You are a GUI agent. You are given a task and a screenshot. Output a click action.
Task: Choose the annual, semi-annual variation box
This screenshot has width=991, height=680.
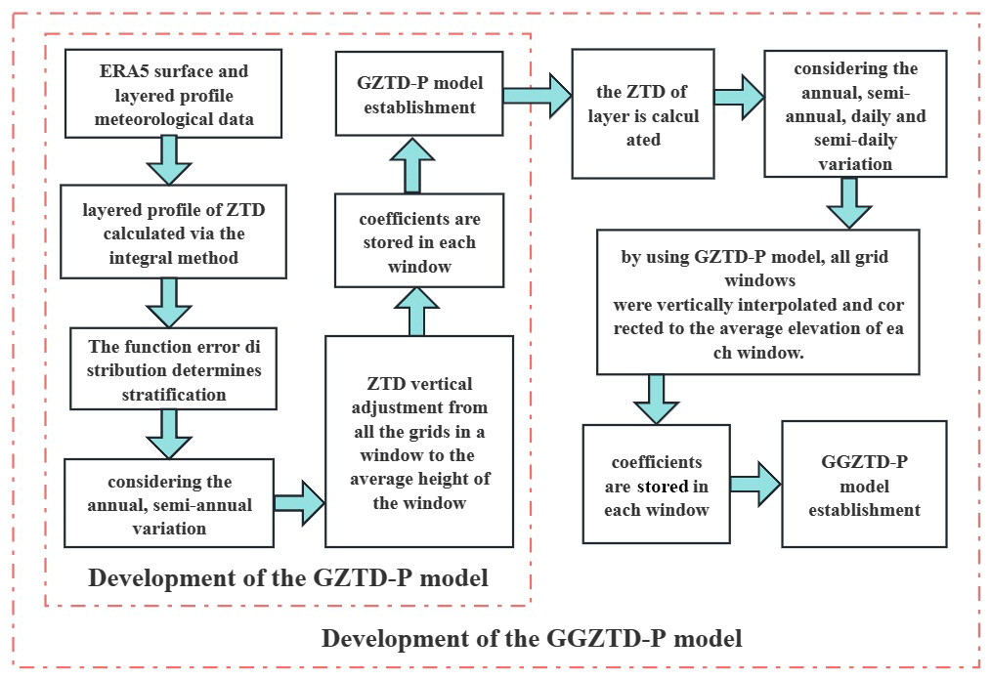168,504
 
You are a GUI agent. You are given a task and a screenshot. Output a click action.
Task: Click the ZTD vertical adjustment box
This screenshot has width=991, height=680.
419,441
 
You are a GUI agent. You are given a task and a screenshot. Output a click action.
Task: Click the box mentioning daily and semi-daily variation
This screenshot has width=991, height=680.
855,116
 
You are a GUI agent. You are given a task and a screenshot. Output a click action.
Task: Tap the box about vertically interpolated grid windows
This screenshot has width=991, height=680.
757,303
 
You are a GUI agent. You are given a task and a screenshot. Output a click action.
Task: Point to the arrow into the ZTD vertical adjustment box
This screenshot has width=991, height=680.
299,502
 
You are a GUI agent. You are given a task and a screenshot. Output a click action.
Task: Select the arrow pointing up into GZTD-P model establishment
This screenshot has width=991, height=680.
411,164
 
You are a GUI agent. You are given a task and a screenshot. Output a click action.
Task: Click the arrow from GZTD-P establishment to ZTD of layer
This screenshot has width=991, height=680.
537,95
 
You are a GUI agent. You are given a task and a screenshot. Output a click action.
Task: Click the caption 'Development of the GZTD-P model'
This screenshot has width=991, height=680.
287,577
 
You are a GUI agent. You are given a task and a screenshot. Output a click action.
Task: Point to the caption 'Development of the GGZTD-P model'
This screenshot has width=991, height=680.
532,639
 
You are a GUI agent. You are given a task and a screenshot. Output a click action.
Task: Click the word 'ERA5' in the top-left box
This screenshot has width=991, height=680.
96,71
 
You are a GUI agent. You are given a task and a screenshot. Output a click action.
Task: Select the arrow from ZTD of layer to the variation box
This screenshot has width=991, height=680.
739,96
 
